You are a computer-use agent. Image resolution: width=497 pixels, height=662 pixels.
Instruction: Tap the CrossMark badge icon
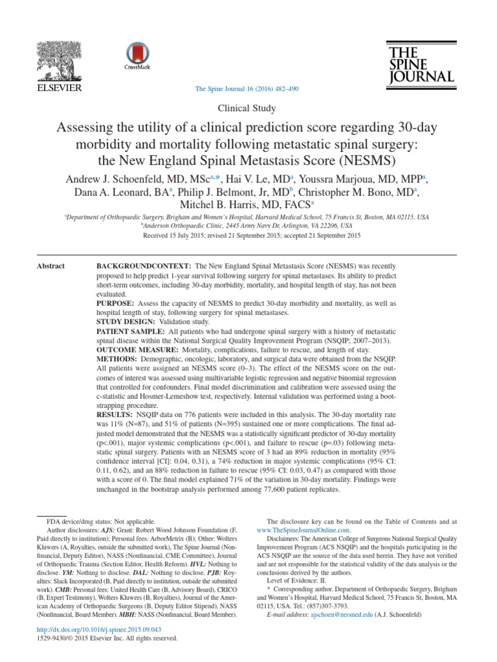(x=137, y=56)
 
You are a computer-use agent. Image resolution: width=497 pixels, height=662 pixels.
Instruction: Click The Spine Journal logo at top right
(x=421, y=63)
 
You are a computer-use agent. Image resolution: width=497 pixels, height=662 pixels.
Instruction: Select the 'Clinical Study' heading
(x=248, y=109)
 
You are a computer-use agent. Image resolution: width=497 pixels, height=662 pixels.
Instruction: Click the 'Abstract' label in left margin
(x=51, y=266)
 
